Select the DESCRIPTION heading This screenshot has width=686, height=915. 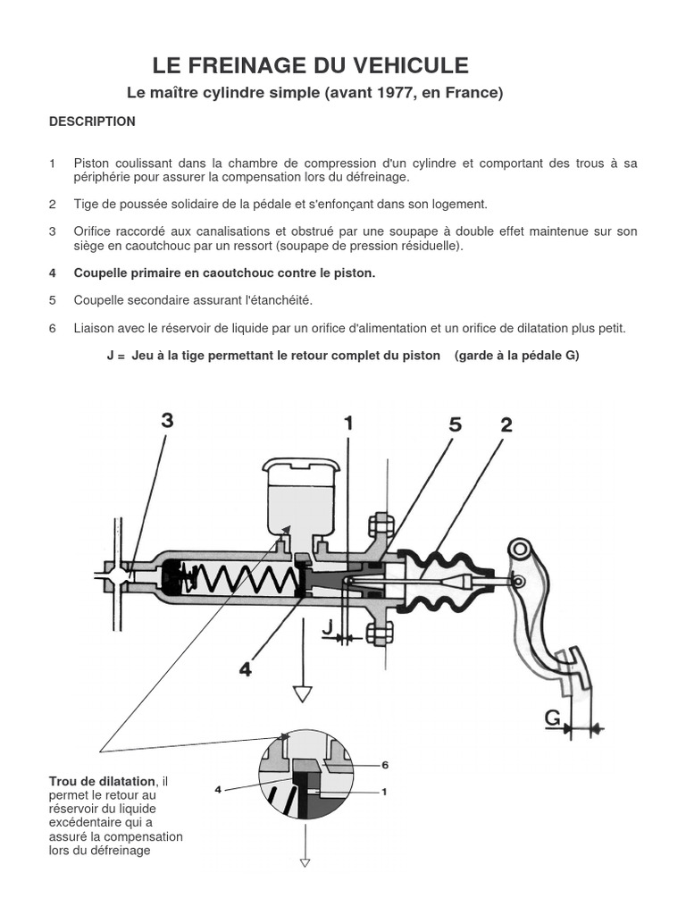pos(92,122)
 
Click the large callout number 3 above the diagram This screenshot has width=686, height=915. pos(167,421)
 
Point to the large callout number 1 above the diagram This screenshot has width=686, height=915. pos(347,424)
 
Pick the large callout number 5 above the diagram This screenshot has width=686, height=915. pos(456,425)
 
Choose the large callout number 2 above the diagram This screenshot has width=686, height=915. pos(506,425)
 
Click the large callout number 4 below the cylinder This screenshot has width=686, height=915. pos(245,667)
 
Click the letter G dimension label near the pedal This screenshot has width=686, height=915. pos(553,718)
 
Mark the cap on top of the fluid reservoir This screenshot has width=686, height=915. pos(301,468)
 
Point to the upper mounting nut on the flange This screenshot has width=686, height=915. pos(378,523)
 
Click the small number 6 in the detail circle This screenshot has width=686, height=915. pos(385,765)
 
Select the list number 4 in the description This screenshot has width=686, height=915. pos(53,273)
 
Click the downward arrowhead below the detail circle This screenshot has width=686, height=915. pos(305,862)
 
